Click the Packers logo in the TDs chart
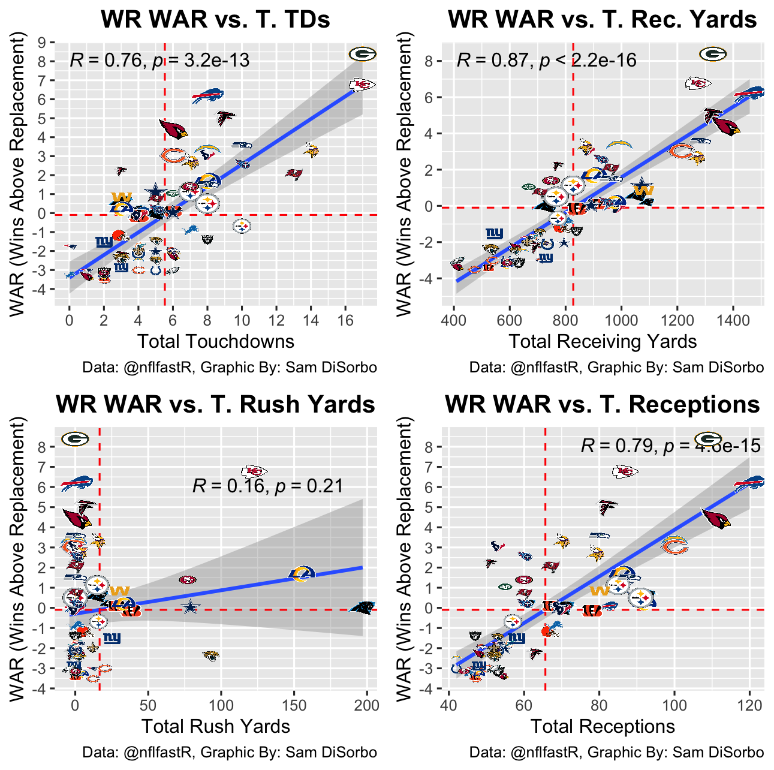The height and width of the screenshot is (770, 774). point(362,55)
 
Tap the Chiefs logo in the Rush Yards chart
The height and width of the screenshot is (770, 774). point(255,471)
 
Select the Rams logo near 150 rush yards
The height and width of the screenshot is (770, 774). point(302,574)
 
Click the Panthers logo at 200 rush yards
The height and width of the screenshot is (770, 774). point(363,607)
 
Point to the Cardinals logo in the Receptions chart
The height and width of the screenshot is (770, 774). point(716,518)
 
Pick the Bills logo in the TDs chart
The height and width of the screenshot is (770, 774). point(207,95)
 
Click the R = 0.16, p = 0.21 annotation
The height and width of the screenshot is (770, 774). point(268,486)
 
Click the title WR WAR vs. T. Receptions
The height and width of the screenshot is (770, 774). point(603,405)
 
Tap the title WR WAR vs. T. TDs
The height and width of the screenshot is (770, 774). point(215,20)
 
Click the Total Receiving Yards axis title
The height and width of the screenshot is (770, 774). point(603,341)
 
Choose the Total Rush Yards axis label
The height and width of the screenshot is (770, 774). point(215,726)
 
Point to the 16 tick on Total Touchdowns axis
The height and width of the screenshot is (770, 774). point(345,320)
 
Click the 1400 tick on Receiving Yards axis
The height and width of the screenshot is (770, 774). point(733,320)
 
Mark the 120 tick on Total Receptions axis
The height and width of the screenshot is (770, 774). point(749,705)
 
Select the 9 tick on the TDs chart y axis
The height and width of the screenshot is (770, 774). point(42,43)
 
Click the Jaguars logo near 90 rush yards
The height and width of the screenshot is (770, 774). point(210,655)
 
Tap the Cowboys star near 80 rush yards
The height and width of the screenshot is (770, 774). point(190,607)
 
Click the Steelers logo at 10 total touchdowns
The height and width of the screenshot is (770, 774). point(242,226)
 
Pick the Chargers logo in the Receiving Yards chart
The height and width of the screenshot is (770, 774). point(619,145)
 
